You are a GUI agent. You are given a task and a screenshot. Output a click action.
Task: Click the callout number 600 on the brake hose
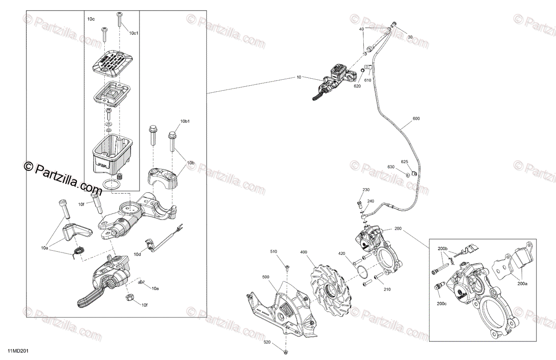[x=416, y=119]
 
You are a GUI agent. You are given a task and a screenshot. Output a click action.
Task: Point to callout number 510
[x=273, y=252]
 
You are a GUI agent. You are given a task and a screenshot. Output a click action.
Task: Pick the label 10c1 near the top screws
[x=133, y=33]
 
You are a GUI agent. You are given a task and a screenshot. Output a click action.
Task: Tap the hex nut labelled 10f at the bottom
[x=131, y=298]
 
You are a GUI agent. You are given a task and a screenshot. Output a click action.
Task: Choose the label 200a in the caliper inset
[x=522, y=284]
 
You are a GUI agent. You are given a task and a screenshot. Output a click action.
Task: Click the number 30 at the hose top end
[x=410, y=37]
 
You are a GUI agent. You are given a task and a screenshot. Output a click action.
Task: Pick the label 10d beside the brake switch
[x=138, y=254]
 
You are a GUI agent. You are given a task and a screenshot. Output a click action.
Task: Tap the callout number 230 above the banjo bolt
[x=366, y=190]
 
